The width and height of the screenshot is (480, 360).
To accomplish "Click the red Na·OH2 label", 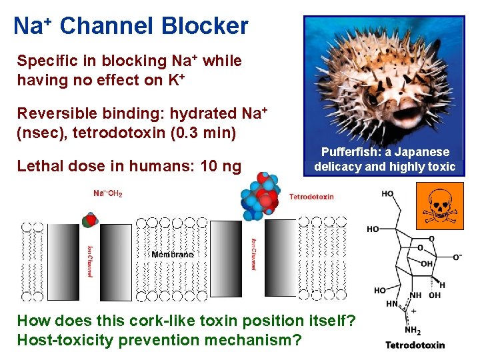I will [107, 193].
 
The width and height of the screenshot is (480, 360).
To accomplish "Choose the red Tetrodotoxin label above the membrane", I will [311, 197].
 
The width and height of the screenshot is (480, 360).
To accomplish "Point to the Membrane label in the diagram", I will [172, 254].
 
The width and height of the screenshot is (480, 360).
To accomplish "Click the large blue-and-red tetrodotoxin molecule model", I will [263, 197].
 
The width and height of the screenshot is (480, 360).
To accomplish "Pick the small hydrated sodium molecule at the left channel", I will [89, 221].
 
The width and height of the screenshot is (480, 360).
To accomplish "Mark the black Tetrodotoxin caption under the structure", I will [415, 345].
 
